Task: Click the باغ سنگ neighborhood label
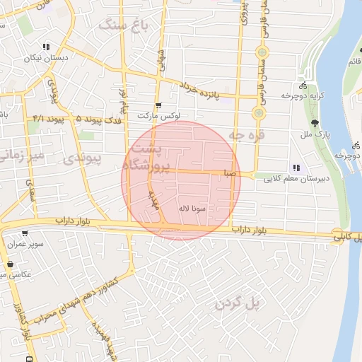[122, 25]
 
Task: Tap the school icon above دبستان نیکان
[46, 47]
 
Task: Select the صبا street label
[228, 172]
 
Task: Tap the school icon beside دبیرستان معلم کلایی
[296, 168]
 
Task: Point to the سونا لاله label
[192, 209]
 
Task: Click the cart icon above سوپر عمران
[25, 233]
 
